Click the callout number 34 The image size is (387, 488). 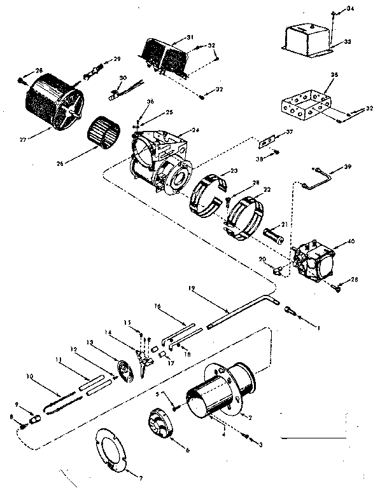350,8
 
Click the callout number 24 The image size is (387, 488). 195,130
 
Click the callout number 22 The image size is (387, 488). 267,190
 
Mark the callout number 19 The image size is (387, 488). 191,288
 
